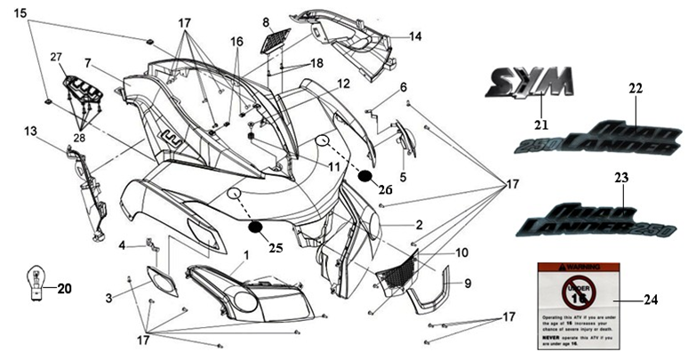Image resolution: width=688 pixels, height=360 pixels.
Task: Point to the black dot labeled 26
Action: click(x=365, y=175)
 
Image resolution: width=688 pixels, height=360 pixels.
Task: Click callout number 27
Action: click(x=56, y=57)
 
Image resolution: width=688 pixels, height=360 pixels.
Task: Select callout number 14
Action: click(x=415, y=36)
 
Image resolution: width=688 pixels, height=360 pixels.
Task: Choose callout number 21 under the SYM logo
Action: click(x=540, y=124)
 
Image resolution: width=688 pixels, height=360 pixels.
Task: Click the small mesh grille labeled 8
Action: click(x=279, y=40)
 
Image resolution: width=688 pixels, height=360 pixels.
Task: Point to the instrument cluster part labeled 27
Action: click(x=81, y=90)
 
